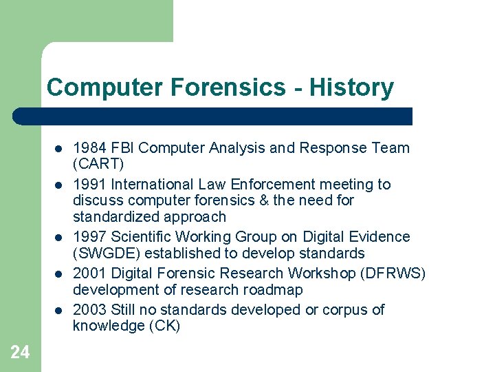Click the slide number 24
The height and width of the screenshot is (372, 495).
click(x=20, y=352)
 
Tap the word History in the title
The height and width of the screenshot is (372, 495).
click(x=351, y=87)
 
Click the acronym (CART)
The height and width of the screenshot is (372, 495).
click(x=98, y=164)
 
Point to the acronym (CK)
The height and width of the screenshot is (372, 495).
click(x=164, y=326)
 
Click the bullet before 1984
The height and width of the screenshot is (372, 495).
click(x=58, y=148)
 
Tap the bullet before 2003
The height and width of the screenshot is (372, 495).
click(x=58, y=310)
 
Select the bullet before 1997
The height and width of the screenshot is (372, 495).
click(x=58, y=237)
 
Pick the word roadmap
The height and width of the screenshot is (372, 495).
click(x=274, y=289)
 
